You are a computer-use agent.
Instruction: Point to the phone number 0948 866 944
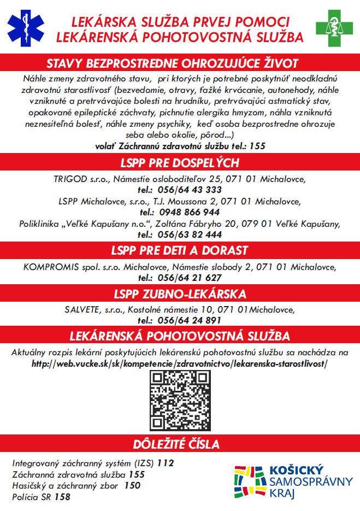[190, 212]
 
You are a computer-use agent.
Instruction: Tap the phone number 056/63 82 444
[190, 234]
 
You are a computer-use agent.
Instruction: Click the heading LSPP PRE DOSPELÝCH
[180, 163]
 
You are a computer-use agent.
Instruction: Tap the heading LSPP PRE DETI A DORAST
[180, 251]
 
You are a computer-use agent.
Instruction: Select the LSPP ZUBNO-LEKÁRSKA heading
[180, 294]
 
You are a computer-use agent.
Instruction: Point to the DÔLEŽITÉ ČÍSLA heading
[180, 444]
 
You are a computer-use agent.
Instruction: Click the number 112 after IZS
[165, 463]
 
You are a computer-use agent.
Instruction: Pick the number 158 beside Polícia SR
[62, 497]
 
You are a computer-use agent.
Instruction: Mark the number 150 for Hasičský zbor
[132, 485]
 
